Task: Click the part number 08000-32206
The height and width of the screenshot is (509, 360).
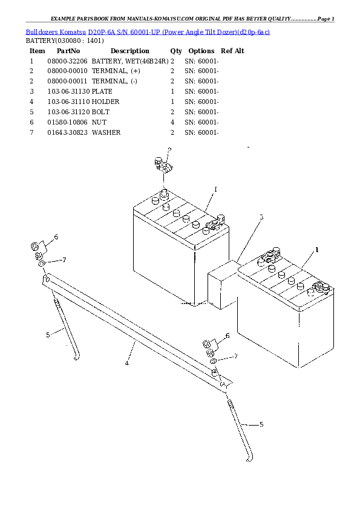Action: (x=67, y=61)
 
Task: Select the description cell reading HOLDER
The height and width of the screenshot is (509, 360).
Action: (x=105, y=102)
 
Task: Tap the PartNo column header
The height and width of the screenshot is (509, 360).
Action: (x=65, y=51)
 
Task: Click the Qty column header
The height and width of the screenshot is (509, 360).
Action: (x=176, y=51)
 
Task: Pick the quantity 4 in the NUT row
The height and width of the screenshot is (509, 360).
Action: (x=172, y=122)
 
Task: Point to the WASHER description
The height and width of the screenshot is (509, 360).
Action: (x=106, y=132)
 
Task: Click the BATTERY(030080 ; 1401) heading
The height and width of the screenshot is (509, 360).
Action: (x=64, y=41)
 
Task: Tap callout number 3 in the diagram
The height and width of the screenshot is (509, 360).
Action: (x=261, y=217)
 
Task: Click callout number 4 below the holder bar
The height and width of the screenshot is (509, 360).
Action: (x=126, y=363)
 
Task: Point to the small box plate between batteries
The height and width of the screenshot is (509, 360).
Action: (x=222, y=283)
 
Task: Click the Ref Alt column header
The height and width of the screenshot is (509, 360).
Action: (x=232, y=51)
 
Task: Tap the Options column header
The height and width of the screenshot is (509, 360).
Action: (x=201, y=51)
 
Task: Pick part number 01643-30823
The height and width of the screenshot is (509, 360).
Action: (x=67, y=132)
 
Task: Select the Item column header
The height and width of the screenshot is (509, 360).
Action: (x=38, y=51)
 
